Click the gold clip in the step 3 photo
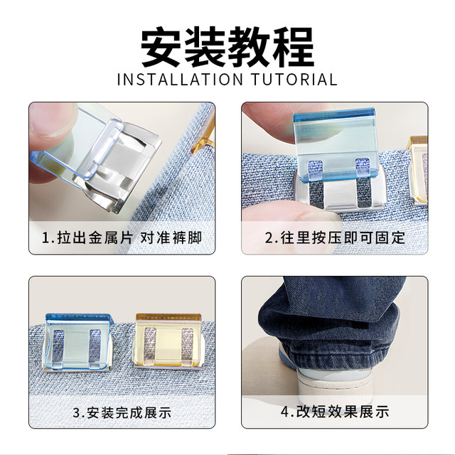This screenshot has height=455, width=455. (168, 347)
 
